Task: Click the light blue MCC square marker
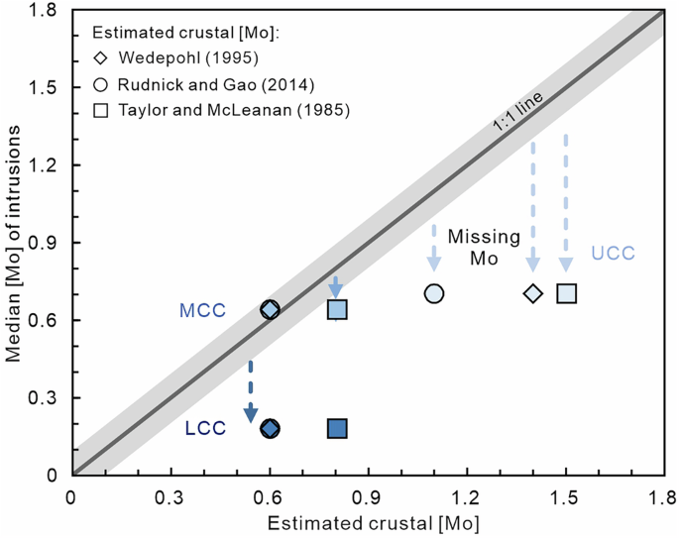[337, 310]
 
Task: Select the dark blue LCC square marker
[337, 428]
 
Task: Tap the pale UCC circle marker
[434, 293]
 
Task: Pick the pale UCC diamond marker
[533, 293]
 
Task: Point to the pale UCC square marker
[566, 293]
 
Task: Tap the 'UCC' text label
[613, 254]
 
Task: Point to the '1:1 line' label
[516, 118]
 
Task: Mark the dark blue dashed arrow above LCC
[251, 390]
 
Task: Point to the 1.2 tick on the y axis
[47, 165]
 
